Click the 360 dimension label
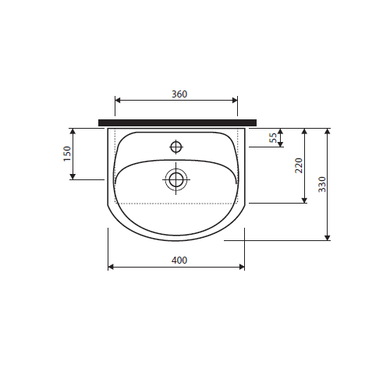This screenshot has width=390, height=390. click(179, 94)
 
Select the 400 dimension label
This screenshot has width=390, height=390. click(179, 261)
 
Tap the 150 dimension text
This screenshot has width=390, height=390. click(67, 154)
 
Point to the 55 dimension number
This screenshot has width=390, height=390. click(273, 137)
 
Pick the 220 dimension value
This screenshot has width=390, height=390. click(299, 165)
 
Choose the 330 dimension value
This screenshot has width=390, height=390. click(322, 184)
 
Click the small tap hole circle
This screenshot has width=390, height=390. click(176, 147)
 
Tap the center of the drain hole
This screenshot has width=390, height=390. click(176, 179)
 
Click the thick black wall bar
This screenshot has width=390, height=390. click(178, 122)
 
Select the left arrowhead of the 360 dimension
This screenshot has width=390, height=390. click(118, 100)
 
